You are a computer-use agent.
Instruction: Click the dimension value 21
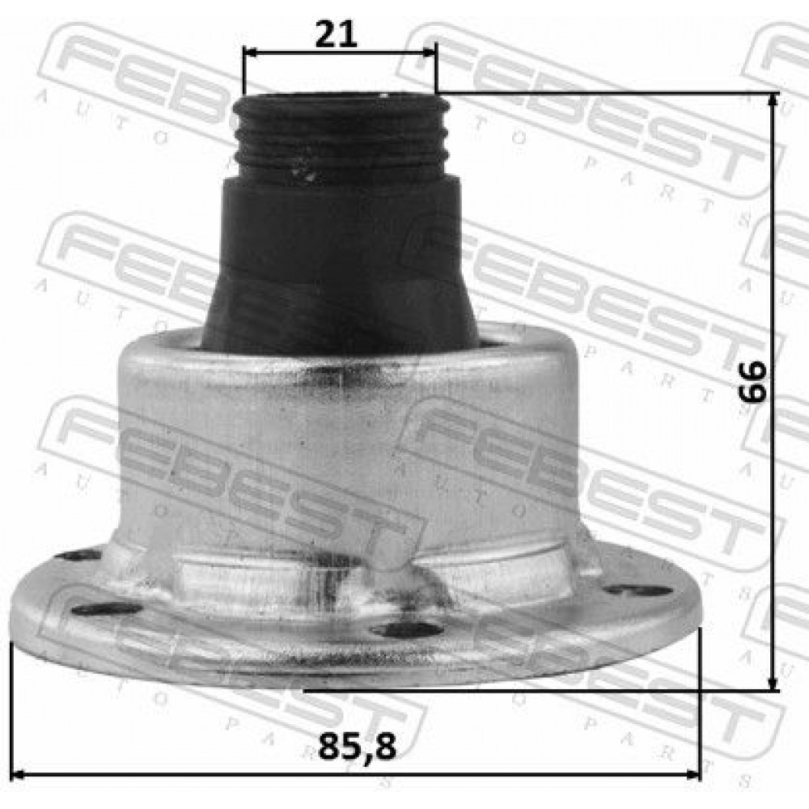336,35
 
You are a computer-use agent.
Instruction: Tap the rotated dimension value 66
752,382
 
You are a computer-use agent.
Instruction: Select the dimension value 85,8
357,747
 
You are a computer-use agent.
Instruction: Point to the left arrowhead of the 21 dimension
250,52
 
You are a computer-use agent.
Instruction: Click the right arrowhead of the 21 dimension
430,52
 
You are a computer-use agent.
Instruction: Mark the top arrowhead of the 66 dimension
773,100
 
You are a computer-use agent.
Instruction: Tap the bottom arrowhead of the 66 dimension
773,683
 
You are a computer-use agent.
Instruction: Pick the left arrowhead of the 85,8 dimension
19,774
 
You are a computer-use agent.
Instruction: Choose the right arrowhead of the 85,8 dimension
693,774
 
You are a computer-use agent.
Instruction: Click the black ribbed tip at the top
341,137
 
